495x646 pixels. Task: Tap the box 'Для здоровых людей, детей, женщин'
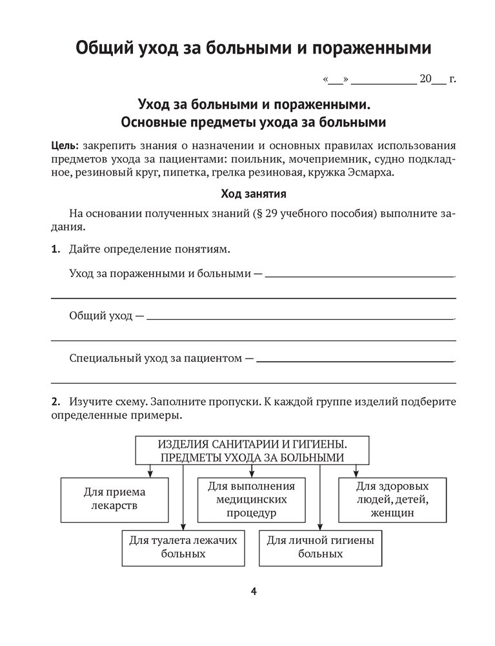pyautogui.click(x=392, y=499)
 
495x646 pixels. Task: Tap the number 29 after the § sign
pyautogui.click(x=272, y=213)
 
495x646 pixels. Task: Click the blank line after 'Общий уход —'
pyautogui.click(x=300, y=318)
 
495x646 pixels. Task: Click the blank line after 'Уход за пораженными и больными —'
pyautogui.click(x=359, y=276)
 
